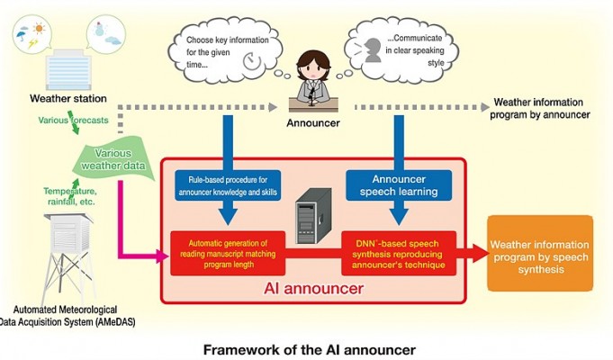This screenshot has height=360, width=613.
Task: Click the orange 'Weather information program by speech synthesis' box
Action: [x=540, y=253]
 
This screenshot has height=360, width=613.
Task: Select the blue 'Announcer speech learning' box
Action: [x=399, y=185]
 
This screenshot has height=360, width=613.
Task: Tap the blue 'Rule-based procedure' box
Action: [x=228, y=185]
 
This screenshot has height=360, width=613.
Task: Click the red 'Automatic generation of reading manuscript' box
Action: [x=228, y=253]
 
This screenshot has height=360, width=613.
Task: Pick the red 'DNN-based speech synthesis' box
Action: [x=399, y=253]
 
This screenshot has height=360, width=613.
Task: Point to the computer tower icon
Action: [x=313, y=216]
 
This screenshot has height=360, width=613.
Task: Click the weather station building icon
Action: [x=68, y=70]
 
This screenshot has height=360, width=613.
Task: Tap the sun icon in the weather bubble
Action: [x=39, y=28]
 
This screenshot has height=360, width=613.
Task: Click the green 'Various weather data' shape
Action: [x=113, y=158]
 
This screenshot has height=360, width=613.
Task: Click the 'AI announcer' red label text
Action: [x=313, y=289]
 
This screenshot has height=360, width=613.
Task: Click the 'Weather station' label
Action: [x=68, y=98]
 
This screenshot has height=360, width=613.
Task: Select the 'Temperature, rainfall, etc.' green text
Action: [x=70, y=196]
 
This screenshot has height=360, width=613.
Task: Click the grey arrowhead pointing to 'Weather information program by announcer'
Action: [x=485, y=107]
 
